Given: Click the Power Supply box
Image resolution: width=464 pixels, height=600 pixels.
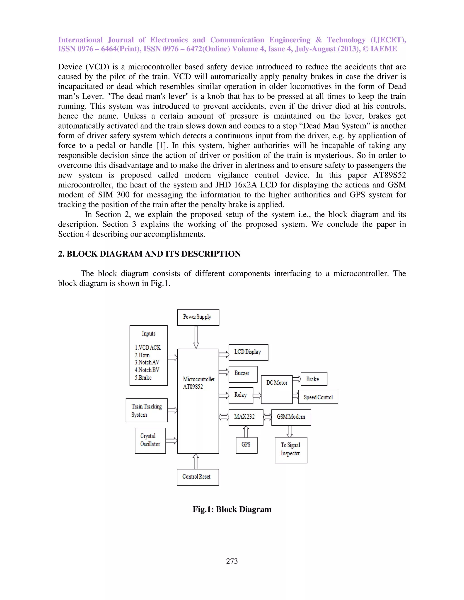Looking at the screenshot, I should [198, 317].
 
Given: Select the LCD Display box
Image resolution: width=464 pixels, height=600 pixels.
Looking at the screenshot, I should [248, 352].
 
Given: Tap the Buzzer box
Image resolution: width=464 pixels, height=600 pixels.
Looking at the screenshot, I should [243, 374].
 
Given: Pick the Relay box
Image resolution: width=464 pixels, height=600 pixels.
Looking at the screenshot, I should [241, 395].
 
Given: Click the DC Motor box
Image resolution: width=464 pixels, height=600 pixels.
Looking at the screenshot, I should [277, 389].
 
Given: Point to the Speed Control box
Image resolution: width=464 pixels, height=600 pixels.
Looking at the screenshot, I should [318, 397].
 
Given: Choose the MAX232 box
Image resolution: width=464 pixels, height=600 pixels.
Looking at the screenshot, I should [246, 417].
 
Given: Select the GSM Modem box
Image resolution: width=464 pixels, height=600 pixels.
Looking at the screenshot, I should [291, 417].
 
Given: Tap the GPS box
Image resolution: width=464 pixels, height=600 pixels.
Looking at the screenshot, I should [246, 445].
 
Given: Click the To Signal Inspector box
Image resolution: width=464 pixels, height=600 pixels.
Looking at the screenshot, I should [291, 450].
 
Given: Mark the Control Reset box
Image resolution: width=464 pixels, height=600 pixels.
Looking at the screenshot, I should [198, 477].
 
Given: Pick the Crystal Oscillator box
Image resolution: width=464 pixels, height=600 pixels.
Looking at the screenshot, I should [150, 440].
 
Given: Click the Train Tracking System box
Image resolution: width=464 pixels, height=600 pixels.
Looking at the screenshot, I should [147, 410].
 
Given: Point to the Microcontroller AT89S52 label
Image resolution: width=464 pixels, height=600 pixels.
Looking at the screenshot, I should [198, 383].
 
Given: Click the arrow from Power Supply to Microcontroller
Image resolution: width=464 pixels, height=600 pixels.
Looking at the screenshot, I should [196, 337].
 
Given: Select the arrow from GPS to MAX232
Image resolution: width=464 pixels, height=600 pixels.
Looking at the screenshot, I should [246, 431].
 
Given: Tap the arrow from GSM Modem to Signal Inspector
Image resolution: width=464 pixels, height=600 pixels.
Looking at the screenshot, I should [290, 431].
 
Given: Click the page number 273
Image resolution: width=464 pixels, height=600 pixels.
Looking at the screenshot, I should [232, 561].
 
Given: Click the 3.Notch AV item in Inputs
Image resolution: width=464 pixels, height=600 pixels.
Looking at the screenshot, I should [147, 362].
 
